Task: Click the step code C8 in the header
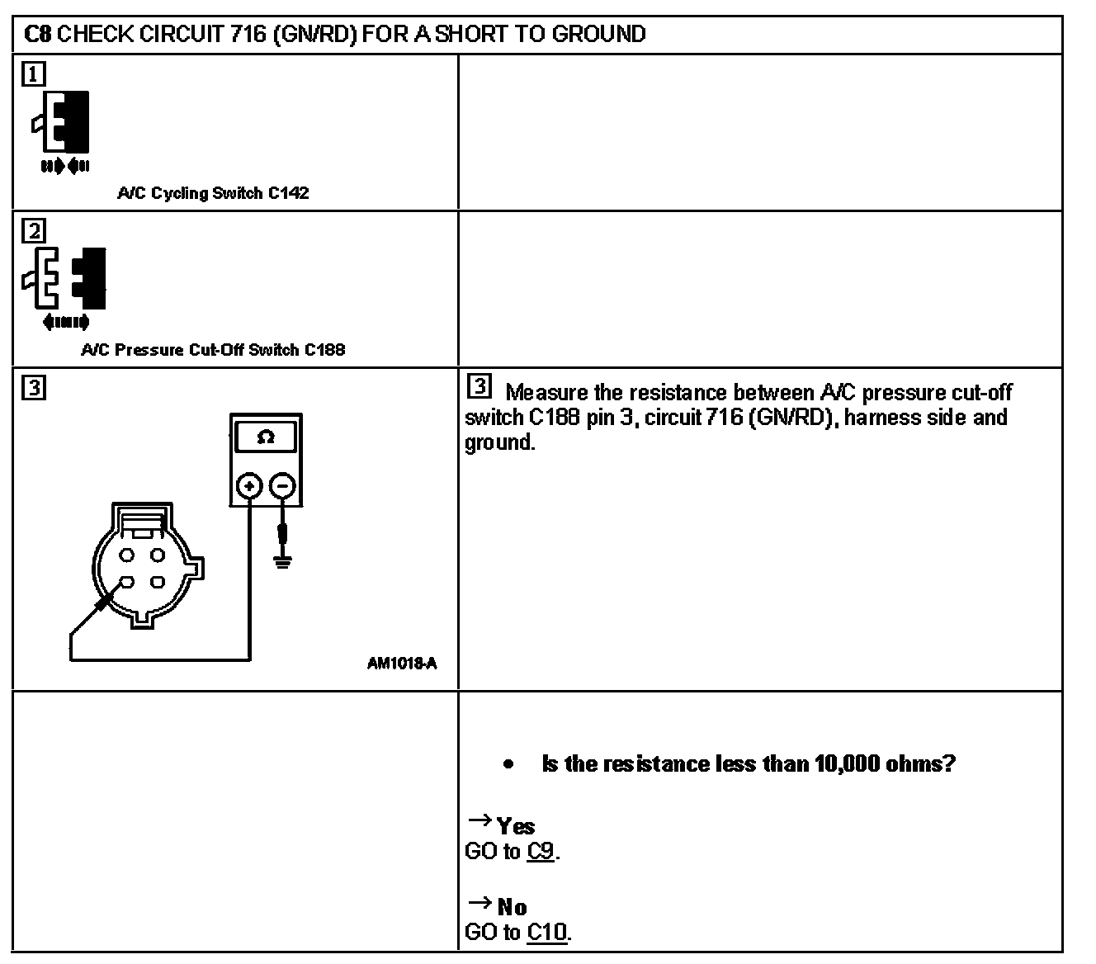[x=38, y=34]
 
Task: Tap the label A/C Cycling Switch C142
[x=213, y=193]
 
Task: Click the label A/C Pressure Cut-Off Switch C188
[x=213, y=350]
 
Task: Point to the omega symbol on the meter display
[x=266, y=438]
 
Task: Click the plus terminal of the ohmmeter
[x=249, y=486]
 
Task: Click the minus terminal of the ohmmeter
[x=282, y=486]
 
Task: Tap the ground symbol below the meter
[x=282, y=564]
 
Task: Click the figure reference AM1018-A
[x=402, y=662]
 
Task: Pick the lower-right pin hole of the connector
[x=157, y=583]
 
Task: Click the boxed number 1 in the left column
[x=33, y=74]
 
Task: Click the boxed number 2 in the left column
[x=33, y=230]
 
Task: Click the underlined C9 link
[x=541, y=851]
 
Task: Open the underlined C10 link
[x=547, y=933]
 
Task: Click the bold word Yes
[x=516, y=826]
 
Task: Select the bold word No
[x=513, y=908]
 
